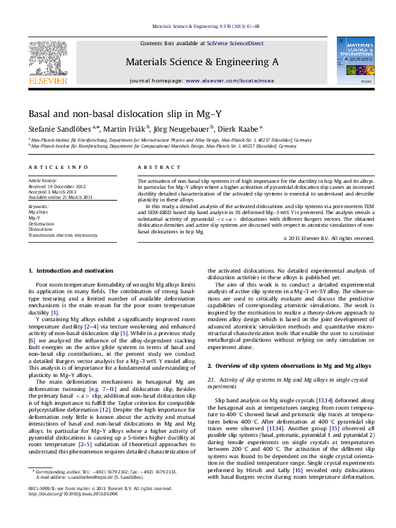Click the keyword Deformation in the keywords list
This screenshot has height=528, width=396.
41,224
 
